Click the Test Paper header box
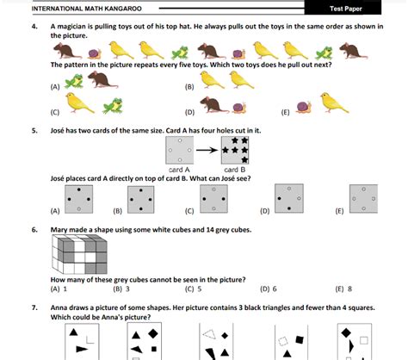click(x=343, y=8)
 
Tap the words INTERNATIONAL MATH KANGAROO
click(x=87, y=9)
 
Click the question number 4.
click(x=34, y=27)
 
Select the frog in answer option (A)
click(x=74, y=81)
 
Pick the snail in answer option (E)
click(x=304, y=108)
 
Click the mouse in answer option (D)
click(x=214, y=104)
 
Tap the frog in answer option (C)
click(x=113, y=106)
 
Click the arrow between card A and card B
click(x=207, y=150)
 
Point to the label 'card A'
click(x=179, y=170)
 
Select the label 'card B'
click(x=235, y=170)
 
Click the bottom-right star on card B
click(x=244, y=159)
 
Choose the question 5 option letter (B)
click(x=118, y=211)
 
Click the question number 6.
click(x=34, y=230)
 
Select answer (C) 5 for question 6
click(x=194, y=289)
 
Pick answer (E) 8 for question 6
click(x=343, y=289)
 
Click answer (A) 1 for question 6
click(x=59, y=289)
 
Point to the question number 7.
click(x=34, y=307)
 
